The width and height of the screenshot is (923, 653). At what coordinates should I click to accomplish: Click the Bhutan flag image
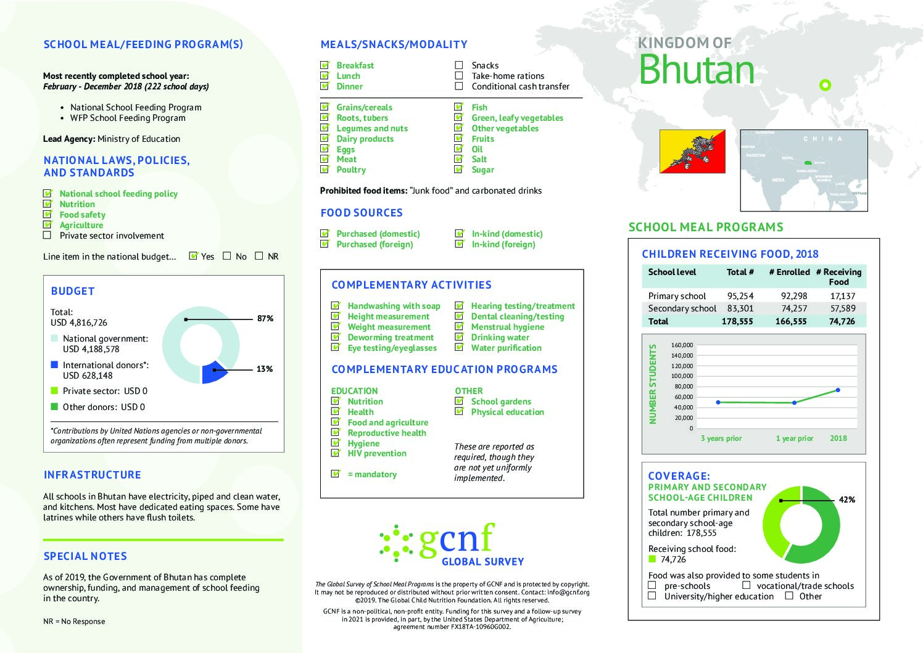692,151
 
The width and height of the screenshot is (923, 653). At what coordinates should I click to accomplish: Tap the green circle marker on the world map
825,85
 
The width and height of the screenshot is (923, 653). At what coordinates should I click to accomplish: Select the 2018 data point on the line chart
838,390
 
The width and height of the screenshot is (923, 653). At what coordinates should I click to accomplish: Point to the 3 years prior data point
718,402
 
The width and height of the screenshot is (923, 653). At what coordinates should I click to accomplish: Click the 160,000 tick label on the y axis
682,345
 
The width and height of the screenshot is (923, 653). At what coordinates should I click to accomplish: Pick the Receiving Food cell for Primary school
842,296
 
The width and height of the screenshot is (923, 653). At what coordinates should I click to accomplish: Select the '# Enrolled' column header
789,272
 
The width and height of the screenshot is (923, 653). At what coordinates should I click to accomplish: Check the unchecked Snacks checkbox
459,65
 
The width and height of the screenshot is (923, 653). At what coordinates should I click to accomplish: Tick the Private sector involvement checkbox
48,235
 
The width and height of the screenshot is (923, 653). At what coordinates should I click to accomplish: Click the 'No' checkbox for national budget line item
227,256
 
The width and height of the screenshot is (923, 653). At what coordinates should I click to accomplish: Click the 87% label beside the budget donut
265,319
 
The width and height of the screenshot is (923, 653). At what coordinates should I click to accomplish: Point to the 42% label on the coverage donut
847,500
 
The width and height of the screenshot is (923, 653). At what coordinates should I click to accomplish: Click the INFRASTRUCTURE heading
93,475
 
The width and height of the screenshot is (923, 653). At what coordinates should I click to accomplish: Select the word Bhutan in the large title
697,70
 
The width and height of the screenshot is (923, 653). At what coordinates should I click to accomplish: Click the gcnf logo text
457,538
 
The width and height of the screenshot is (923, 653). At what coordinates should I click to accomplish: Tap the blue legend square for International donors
54,364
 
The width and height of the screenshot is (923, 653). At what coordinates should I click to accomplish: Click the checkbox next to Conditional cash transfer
459,86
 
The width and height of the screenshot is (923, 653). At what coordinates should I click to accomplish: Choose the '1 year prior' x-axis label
795,438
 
